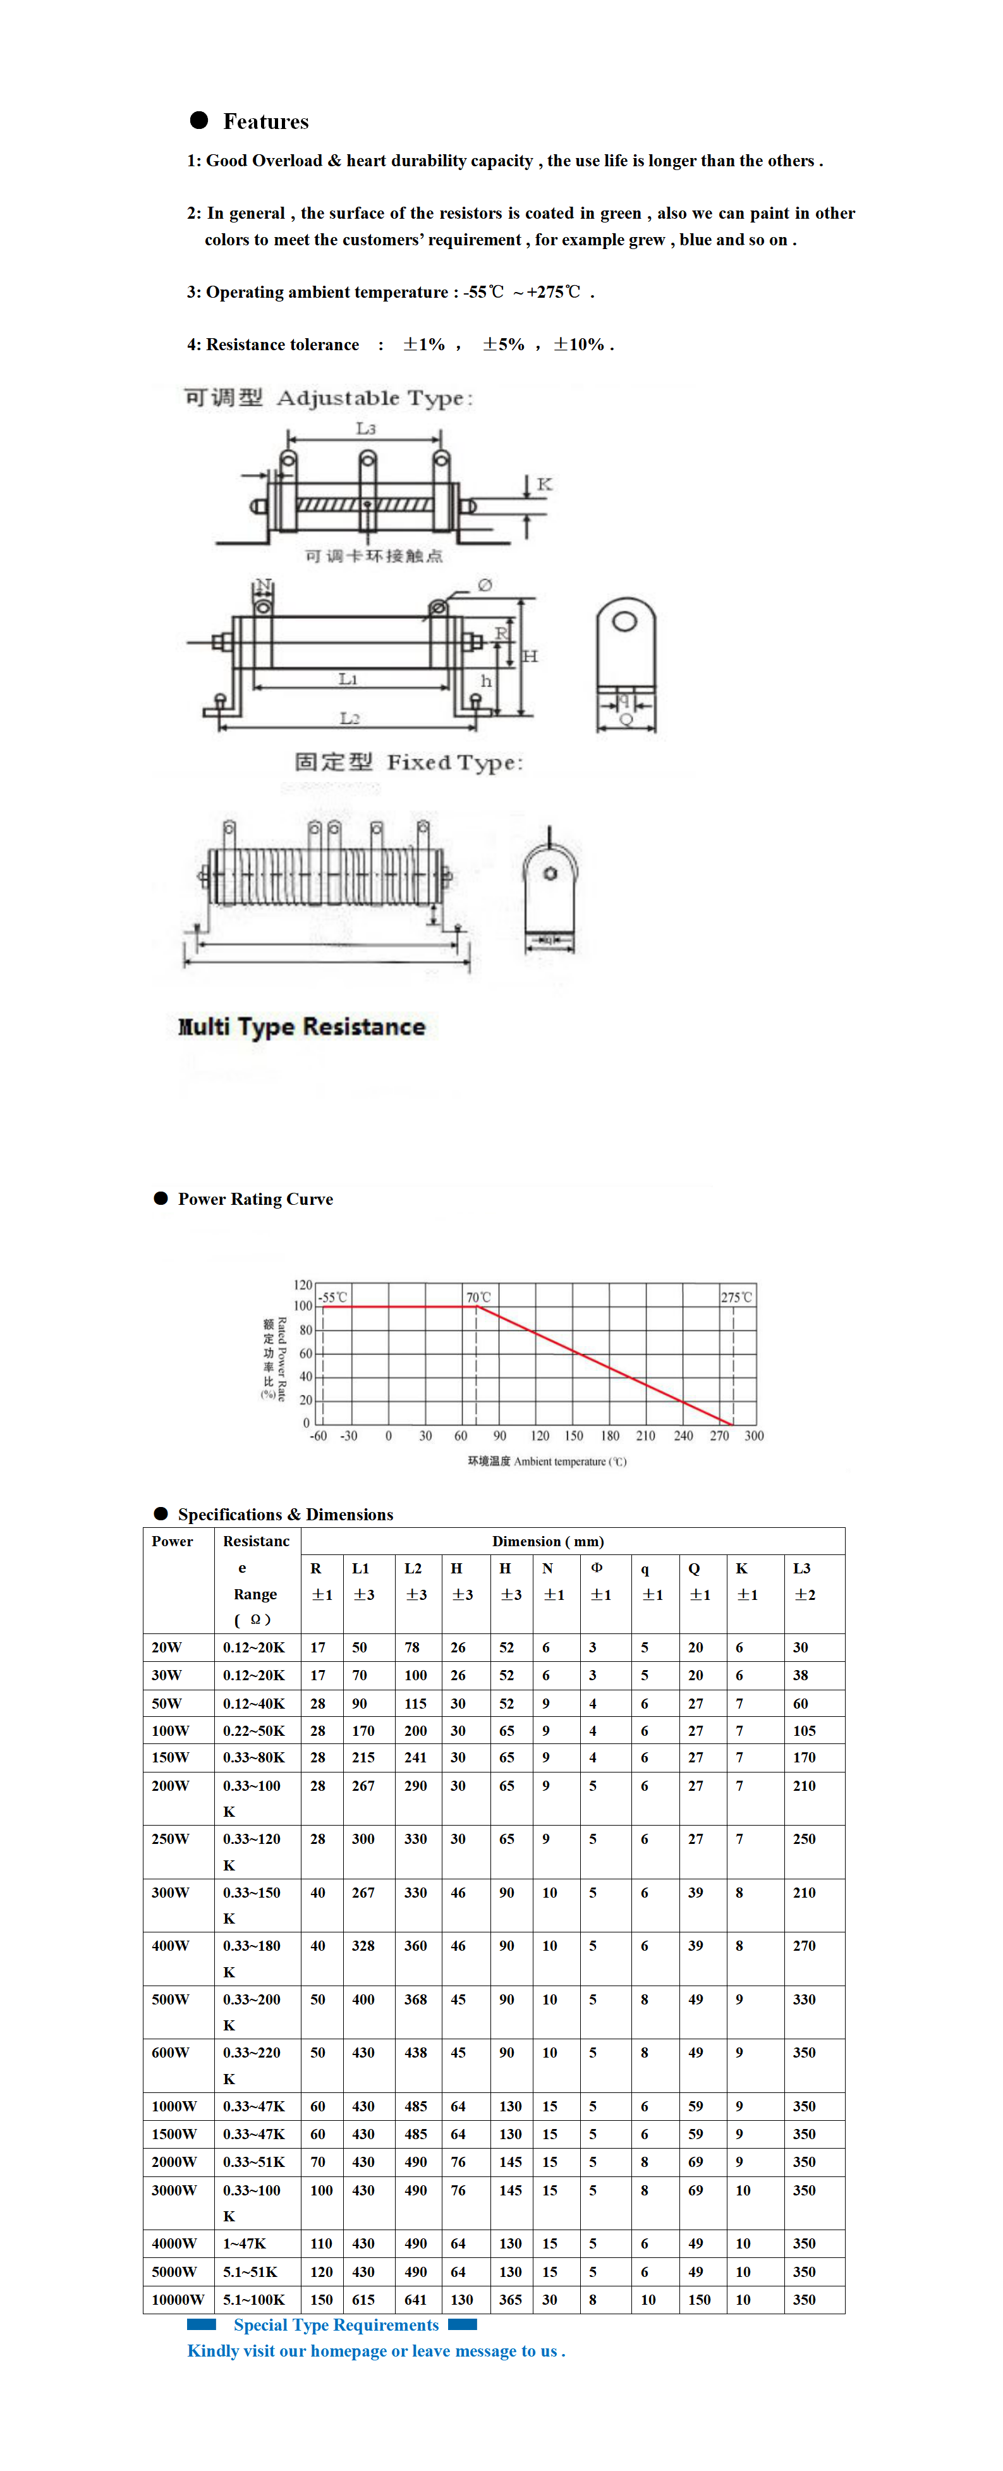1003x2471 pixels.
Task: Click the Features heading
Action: coord(265,122)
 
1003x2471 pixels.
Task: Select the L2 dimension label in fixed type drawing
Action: coord(349,717)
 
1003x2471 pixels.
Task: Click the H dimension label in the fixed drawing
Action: coord(530,656)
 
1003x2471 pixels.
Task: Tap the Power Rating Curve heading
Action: coord(255,1199)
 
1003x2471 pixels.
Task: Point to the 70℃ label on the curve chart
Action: coord(478,1297)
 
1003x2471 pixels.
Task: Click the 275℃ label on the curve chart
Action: coord(736,1297)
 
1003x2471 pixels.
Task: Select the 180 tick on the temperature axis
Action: coord(610,1436)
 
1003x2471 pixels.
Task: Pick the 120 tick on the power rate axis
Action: coord(303,1284)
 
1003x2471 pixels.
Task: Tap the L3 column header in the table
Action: coord(801,1568)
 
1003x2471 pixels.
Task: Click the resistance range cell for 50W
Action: coord(254,1704)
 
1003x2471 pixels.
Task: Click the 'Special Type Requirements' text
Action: coord(336,2325)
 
